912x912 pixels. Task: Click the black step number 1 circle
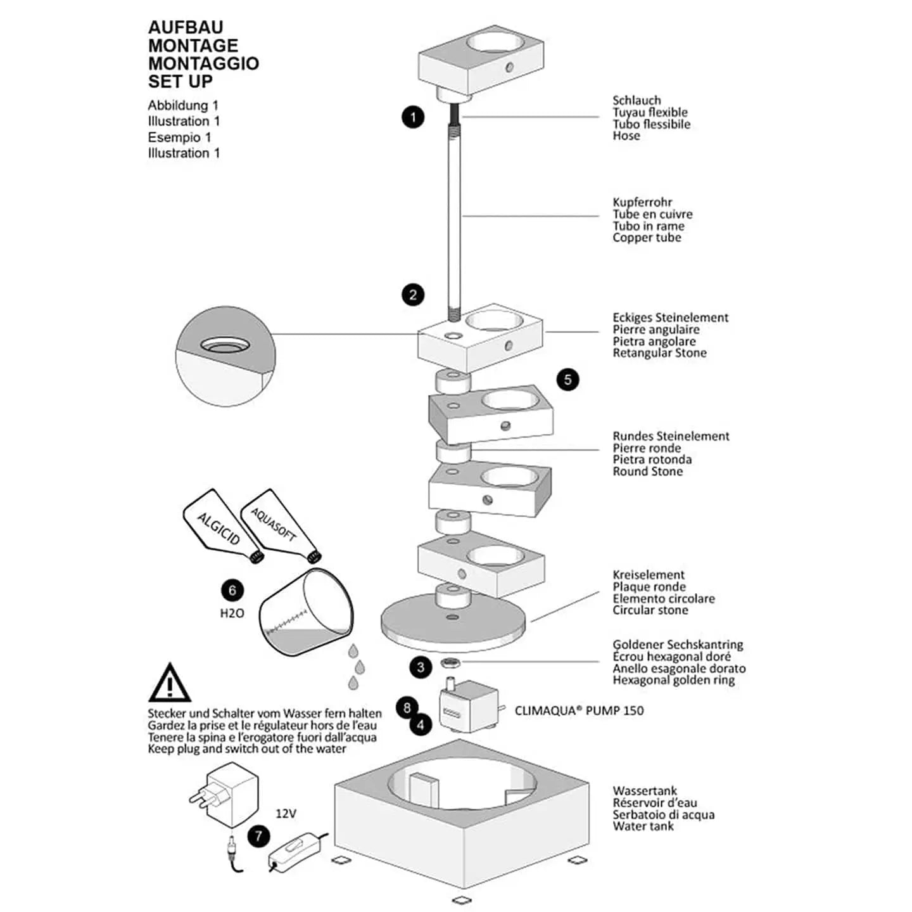413,117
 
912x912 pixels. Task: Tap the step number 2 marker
413,295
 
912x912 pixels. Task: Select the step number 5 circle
567,380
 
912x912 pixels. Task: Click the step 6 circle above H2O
232,591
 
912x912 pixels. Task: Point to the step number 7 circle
258,836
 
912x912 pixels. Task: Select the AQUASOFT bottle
276,524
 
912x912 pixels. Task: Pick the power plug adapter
225,793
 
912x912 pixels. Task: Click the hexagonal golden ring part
450,663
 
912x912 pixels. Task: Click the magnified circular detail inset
225,357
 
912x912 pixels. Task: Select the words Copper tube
647,238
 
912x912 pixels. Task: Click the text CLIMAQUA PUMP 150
579,710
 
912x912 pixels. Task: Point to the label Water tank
643,826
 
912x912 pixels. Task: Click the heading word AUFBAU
186,28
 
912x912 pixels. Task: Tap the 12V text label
286,813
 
